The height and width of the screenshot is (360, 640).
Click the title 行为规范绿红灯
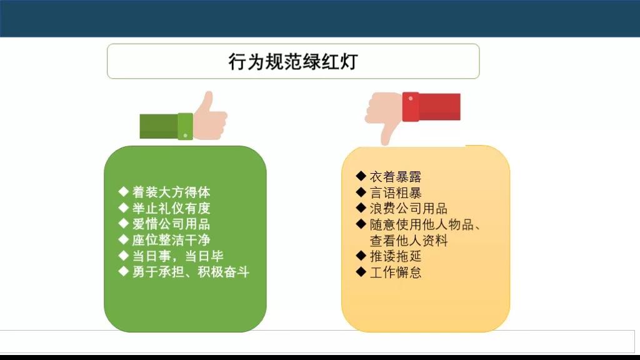click(293, 62)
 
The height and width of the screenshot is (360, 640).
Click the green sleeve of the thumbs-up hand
click(166, 126)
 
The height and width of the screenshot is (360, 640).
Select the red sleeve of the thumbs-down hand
click(431, 106)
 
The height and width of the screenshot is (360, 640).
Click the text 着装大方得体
click(171, 192)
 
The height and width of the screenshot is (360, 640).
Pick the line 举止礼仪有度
click(171, 208)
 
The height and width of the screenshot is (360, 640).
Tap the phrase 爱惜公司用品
click(171, 224)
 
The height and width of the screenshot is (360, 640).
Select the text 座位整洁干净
click(171, 240)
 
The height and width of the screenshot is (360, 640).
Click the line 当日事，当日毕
click(177, 256)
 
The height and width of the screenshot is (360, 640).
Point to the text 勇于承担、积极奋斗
click(191, 272)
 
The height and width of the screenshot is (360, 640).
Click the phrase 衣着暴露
click(396, 176)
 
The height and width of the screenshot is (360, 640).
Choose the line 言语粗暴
click(396, 192)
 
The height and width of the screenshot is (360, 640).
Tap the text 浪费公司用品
click(409, 208)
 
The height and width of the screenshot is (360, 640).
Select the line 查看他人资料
click(409, 241)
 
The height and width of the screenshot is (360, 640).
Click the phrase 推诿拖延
click(396, 256)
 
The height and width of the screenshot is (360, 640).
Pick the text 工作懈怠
click(396, 272)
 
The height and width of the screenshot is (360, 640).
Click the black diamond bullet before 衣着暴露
click(361, 176)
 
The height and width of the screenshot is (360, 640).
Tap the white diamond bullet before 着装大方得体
click(123, 191)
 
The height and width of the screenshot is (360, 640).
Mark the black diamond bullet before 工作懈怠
click(361, 272)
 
